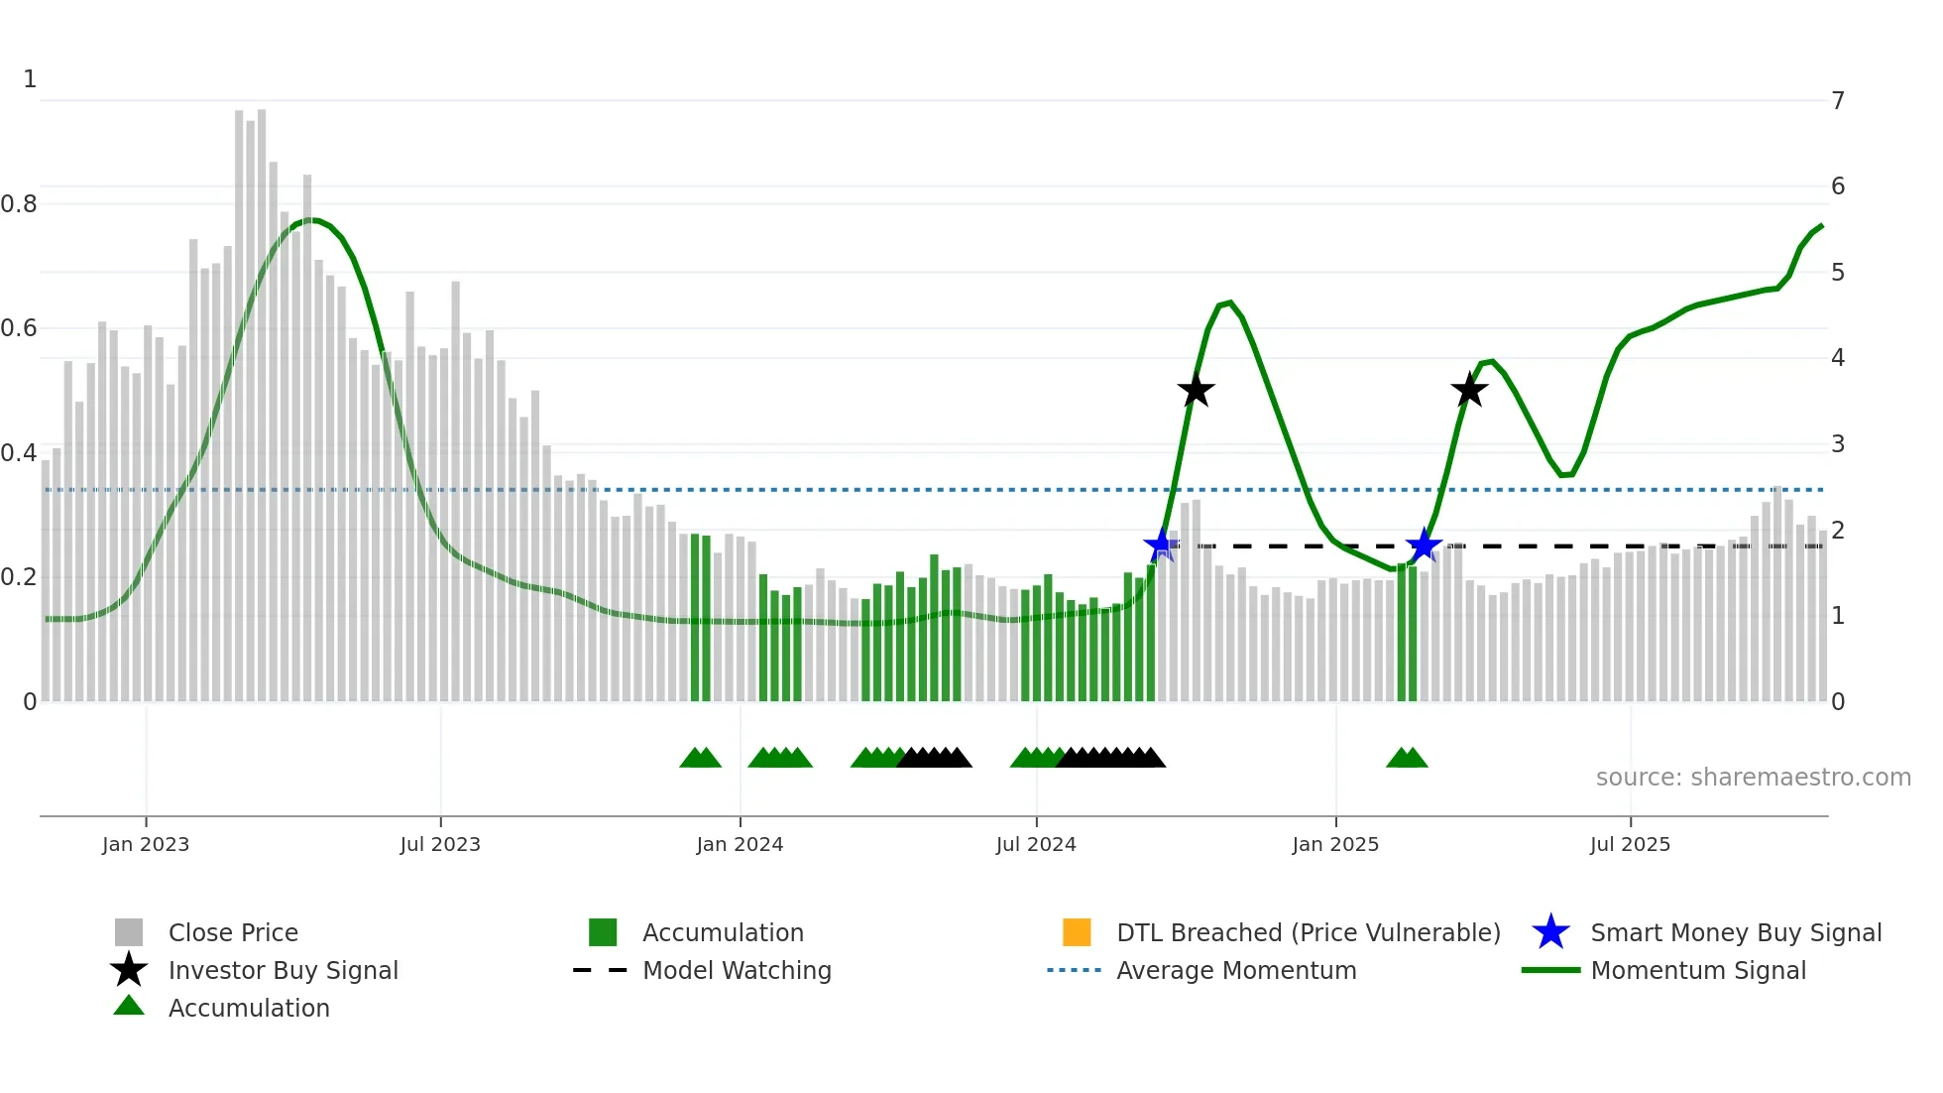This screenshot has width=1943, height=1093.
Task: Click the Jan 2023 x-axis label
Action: coord(146,844)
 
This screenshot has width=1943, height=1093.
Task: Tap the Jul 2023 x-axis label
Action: coord(440,844)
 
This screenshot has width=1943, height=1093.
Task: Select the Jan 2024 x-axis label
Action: coord(740,844)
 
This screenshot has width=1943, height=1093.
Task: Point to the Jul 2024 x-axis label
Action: coord(1036,844)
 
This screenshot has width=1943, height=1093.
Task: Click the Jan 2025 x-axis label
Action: coord(1335,844)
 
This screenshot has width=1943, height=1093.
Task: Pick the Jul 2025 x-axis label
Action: coord(1630,844)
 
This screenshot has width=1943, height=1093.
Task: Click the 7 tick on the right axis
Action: coord(1838,100)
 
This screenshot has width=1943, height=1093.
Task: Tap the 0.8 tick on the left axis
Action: coord(20,203)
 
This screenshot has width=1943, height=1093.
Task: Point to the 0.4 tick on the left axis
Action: coord(20,452)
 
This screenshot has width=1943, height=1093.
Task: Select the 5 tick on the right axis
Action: coord(1838,272)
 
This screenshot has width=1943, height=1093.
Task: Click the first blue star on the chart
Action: coord(1160,545)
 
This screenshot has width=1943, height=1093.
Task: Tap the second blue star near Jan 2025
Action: coord(1424,545)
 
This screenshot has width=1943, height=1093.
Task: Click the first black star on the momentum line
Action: coord(1197,390)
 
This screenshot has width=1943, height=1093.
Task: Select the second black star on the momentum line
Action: coord(1469,390)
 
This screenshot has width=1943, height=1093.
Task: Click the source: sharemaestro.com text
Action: coord(1753,777)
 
